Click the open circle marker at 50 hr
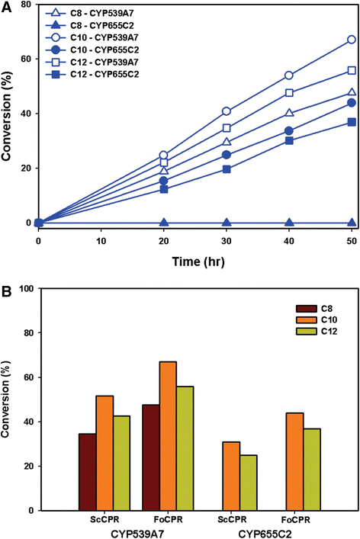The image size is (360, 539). [352, 39]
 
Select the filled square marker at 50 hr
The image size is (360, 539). [352, 122]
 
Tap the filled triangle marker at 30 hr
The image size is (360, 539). [227, 223]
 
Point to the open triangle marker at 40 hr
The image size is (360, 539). [289, 113]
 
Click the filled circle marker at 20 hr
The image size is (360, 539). [164, 181]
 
